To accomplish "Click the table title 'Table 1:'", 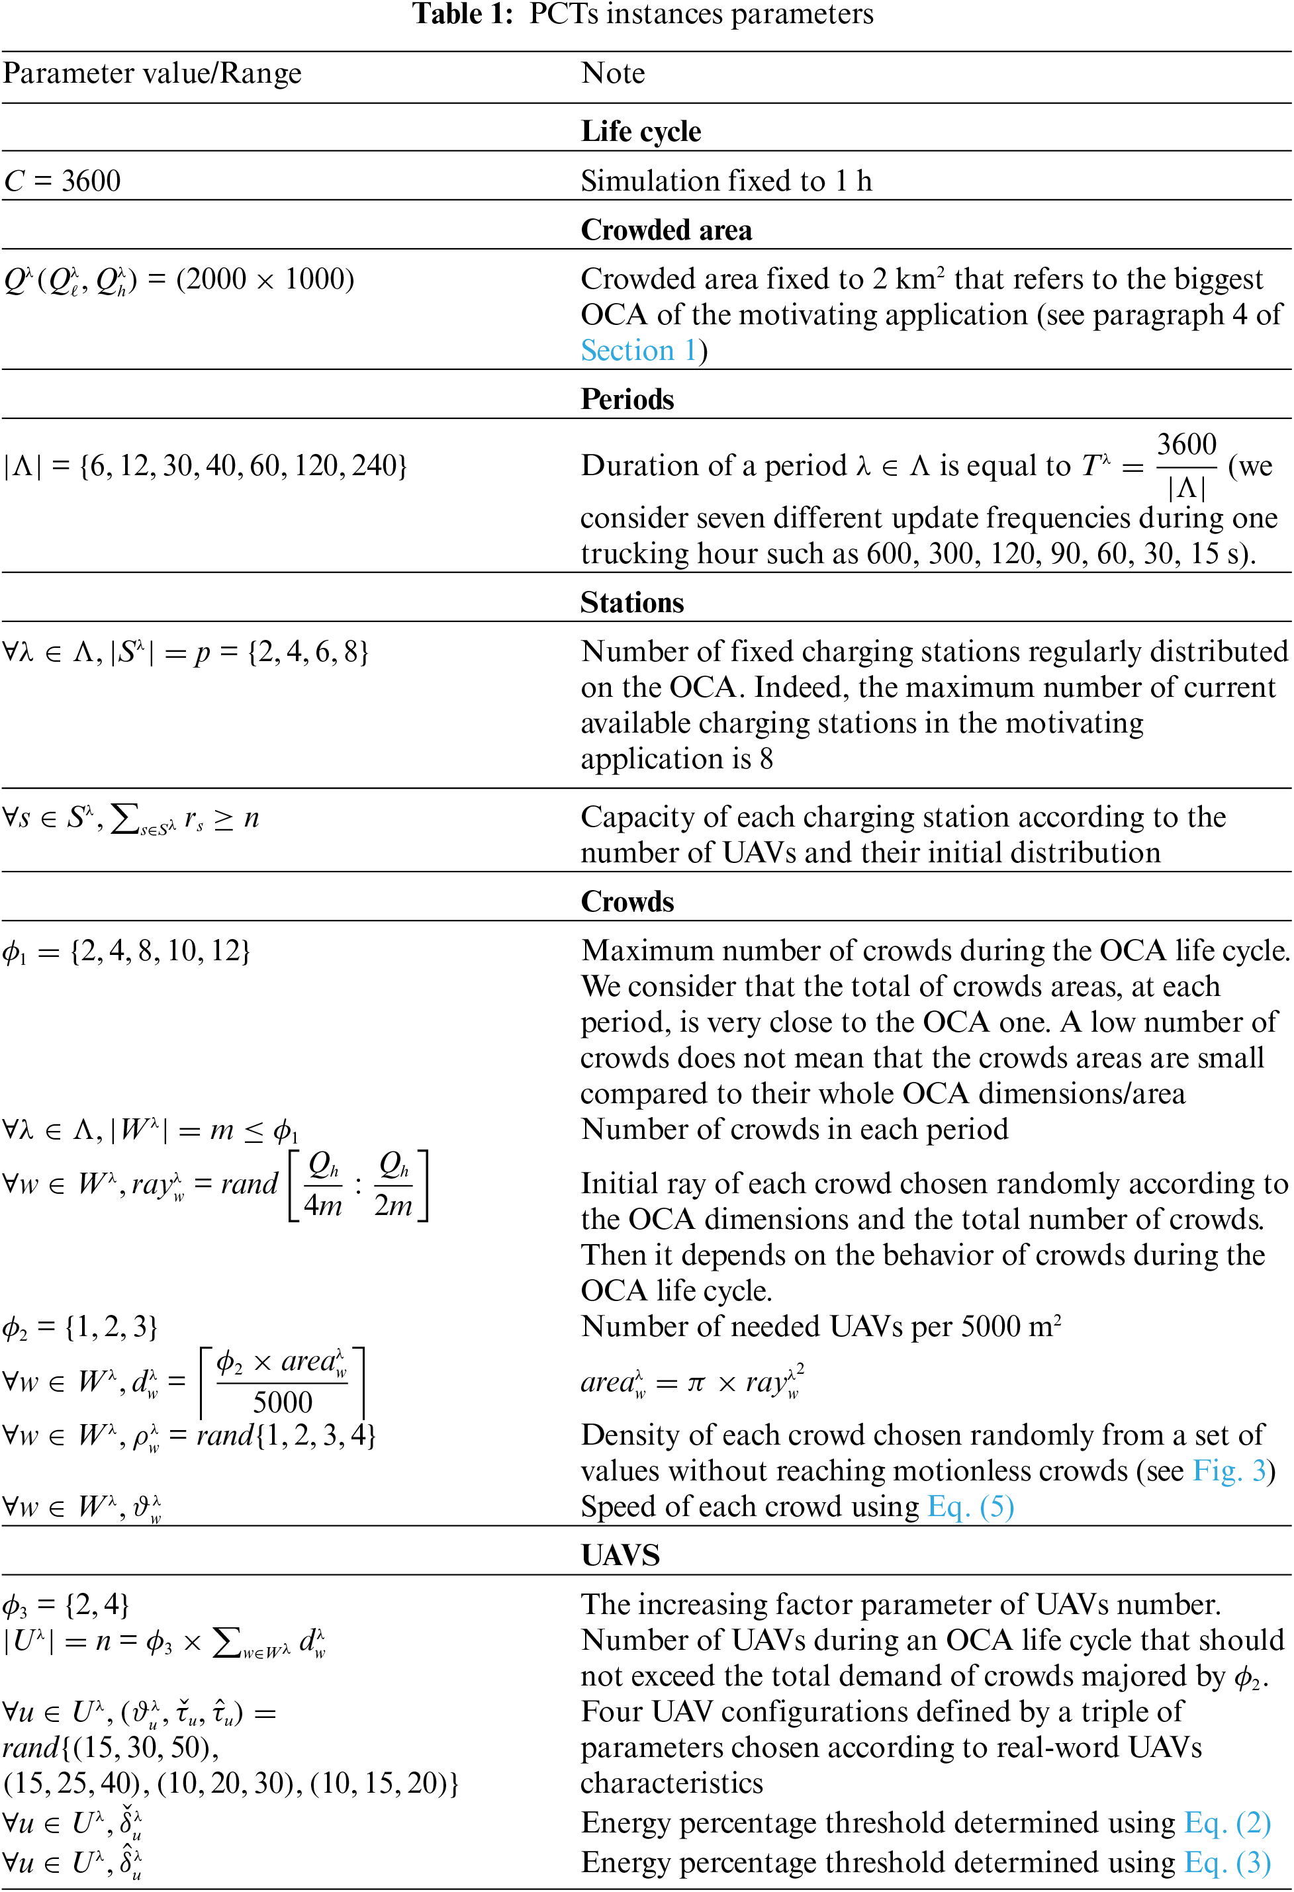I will tap(463, 14).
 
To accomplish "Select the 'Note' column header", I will tap(612, 73).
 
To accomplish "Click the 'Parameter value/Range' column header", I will tap(152, 73).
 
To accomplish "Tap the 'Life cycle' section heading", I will tap(641, 131).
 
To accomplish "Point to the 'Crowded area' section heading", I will tap(666, 230).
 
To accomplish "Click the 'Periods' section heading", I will tap(627, 399).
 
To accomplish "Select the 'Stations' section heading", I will tap(632, 602).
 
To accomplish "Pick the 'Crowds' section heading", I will tap(627, 901).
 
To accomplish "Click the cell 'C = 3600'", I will tap(63, 181).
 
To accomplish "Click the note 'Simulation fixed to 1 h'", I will tap(725, 181).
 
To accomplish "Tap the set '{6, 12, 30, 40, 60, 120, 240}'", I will tap(243, 466).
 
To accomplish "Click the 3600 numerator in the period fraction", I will tap(1187, 445).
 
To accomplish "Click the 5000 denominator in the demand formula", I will tap(282, 1402).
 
